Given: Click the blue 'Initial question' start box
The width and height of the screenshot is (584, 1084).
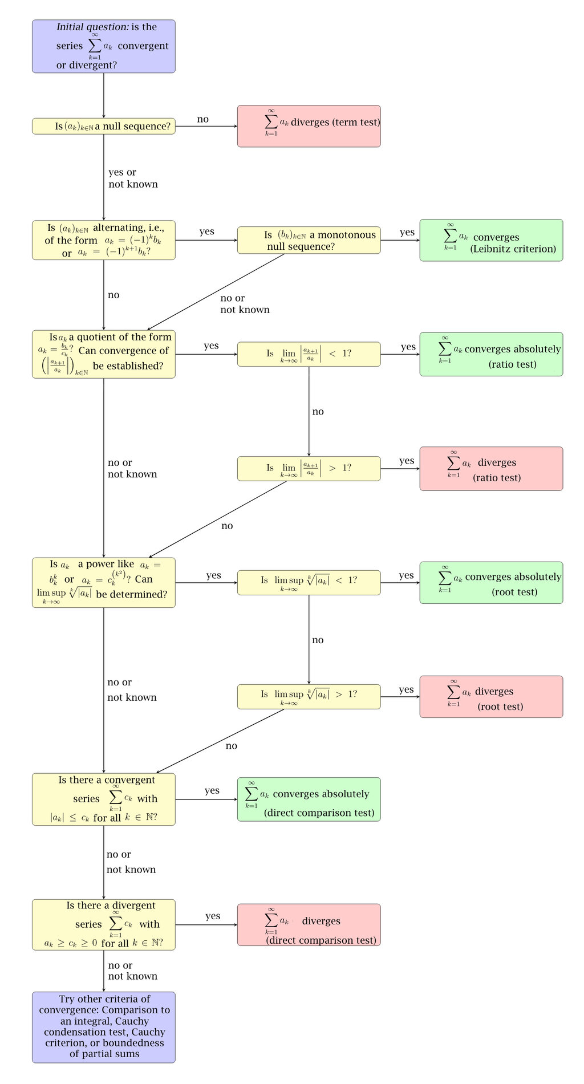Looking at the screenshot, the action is pyautogui.click(x=103, y=46).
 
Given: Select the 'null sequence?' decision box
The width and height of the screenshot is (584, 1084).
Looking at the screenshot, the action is pyautogui.click(x=103, y=126).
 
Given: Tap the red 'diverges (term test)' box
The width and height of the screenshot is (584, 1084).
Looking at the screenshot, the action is pyautogui.click(x=309, y=126).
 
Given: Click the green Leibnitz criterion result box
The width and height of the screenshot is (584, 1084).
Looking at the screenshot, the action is pyautogui.click(x=491, y=240).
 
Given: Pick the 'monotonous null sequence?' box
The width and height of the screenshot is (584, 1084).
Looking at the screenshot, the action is pyautogui.click(x=309, y=240).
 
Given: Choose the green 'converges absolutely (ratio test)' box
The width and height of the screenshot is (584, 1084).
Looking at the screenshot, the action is pyautogui.click(x=491, y=354).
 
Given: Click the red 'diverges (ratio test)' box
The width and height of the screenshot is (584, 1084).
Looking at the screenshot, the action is pyautogui.click(x=491, y=469).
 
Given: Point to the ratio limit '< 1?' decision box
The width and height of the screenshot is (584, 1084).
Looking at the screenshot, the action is pyautogui.click(x=309, y=354).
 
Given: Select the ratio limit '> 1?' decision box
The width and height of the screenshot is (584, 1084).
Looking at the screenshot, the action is pyautogui.click(x=309, y=469).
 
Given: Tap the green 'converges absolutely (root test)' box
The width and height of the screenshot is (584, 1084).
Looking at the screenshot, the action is pyautogui.click(x=491, y=583).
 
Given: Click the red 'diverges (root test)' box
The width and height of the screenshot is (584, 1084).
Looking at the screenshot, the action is pyautogui.click(x=491, y=697).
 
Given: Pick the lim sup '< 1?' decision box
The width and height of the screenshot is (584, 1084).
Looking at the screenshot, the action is pyautogui.click(x=309, y=583).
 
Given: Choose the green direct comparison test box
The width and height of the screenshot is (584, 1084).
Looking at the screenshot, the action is pyautogui.click(x=309, y=799).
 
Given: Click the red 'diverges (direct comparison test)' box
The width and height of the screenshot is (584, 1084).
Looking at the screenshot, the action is pyautogui.click(x=309, y=925).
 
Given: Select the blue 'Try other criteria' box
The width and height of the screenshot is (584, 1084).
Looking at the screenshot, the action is pyautogui.click(x=103, y=1027).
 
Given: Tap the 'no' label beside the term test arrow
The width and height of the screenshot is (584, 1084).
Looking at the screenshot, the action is pyautogui.click(x=202, y=119).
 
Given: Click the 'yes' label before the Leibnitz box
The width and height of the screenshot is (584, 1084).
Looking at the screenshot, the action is pyautogui.click(x=407, y=232).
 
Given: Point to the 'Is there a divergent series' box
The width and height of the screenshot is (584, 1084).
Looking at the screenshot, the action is pyautogui.click(x=103, y=925).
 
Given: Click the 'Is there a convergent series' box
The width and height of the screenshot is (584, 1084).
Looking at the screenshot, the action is pyautogui.click(x=103, y=799).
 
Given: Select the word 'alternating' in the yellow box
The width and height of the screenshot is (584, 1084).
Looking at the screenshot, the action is pyautogui.click(x=119, y=228).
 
